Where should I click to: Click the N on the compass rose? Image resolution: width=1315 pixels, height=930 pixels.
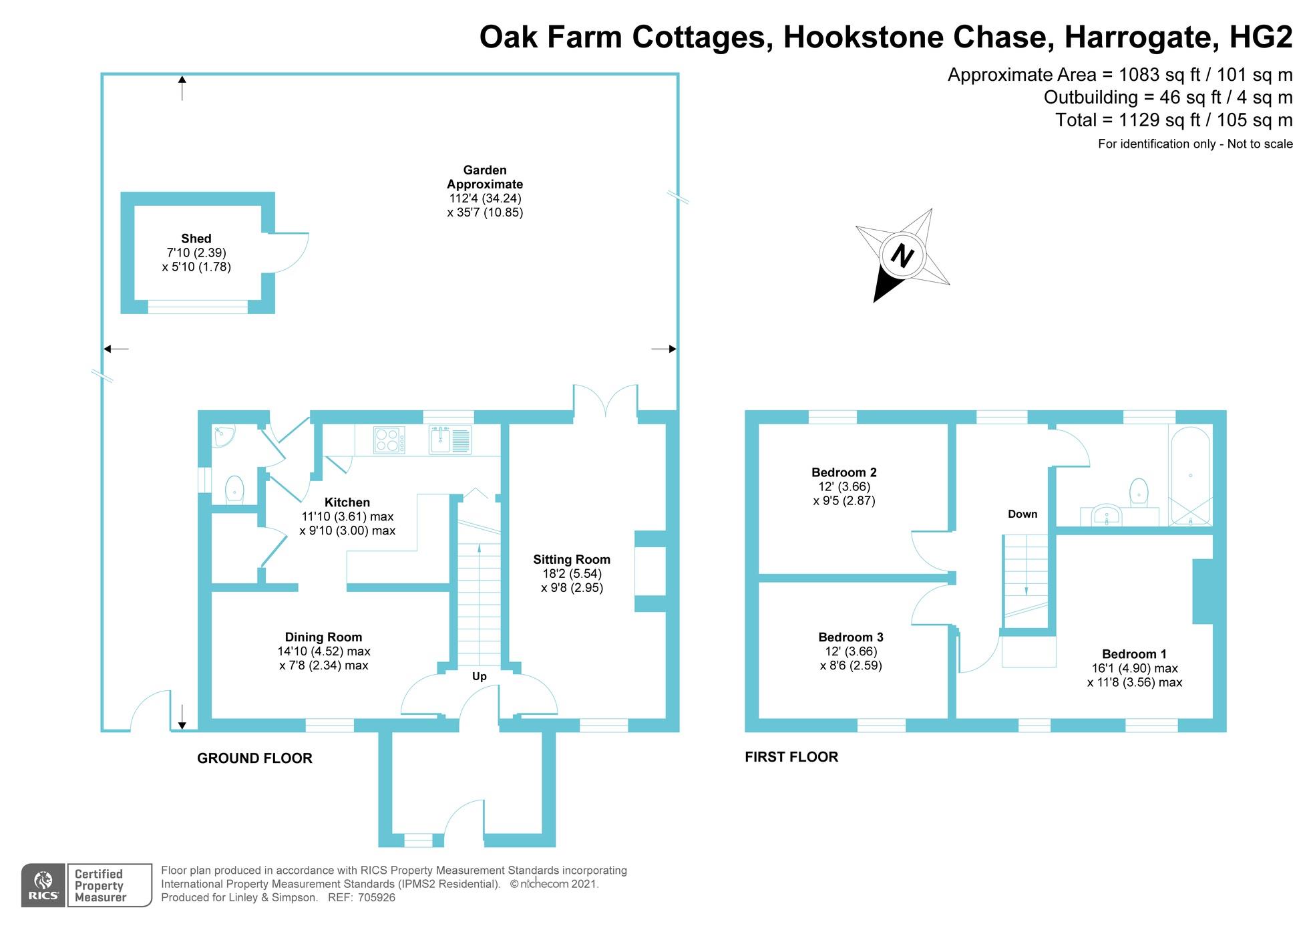[x=902, y=255]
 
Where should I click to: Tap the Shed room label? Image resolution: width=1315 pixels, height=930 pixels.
[x=196, y=239]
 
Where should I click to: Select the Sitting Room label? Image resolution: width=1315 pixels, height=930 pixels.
[x=571, y=560]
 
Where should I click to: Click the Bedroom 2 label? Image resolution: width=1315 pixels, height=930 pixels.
[x=843, y=472]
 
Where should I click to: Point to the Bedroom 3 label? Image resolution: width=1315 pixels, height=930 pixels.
[x=850, y=637]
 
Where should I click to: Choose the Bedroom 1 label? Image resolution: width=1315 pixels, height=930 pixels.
[x=1134, y=654]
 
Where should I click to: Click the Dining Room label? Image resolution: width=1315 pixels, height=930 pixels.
[x=323, y=637]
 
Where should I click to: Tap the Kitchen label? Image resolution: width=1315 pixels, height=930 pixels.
[x=347, y=502]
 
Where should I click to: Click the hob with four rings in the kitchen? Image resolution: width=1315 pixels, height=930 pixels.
[x=389, y=440]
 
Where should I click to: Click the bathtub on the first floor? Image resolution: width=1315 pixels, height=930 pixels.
[x=1190, y=476]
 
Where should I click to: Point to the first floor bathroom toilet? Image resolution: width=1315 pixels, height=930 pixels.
[x=1138, y=492]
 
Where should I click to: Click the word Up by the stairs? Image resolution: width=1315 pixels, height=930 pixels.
[x=480, y=676]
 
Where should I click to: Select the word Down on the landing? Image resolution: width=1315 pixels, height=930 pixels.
[x=1022, y=514]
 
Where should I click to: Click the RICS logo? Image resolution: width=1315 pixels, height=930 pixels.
[x=43, y=886]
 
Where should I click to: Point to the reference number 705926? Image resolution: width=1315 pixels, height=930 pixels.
[x=377, y=898]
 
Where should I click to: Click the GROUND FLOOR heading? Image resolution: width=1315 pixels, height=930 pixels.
[x=254, y=758]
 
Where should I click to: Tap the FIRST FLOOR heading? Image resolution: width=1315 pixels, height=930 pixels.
[x=791, y=757]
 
